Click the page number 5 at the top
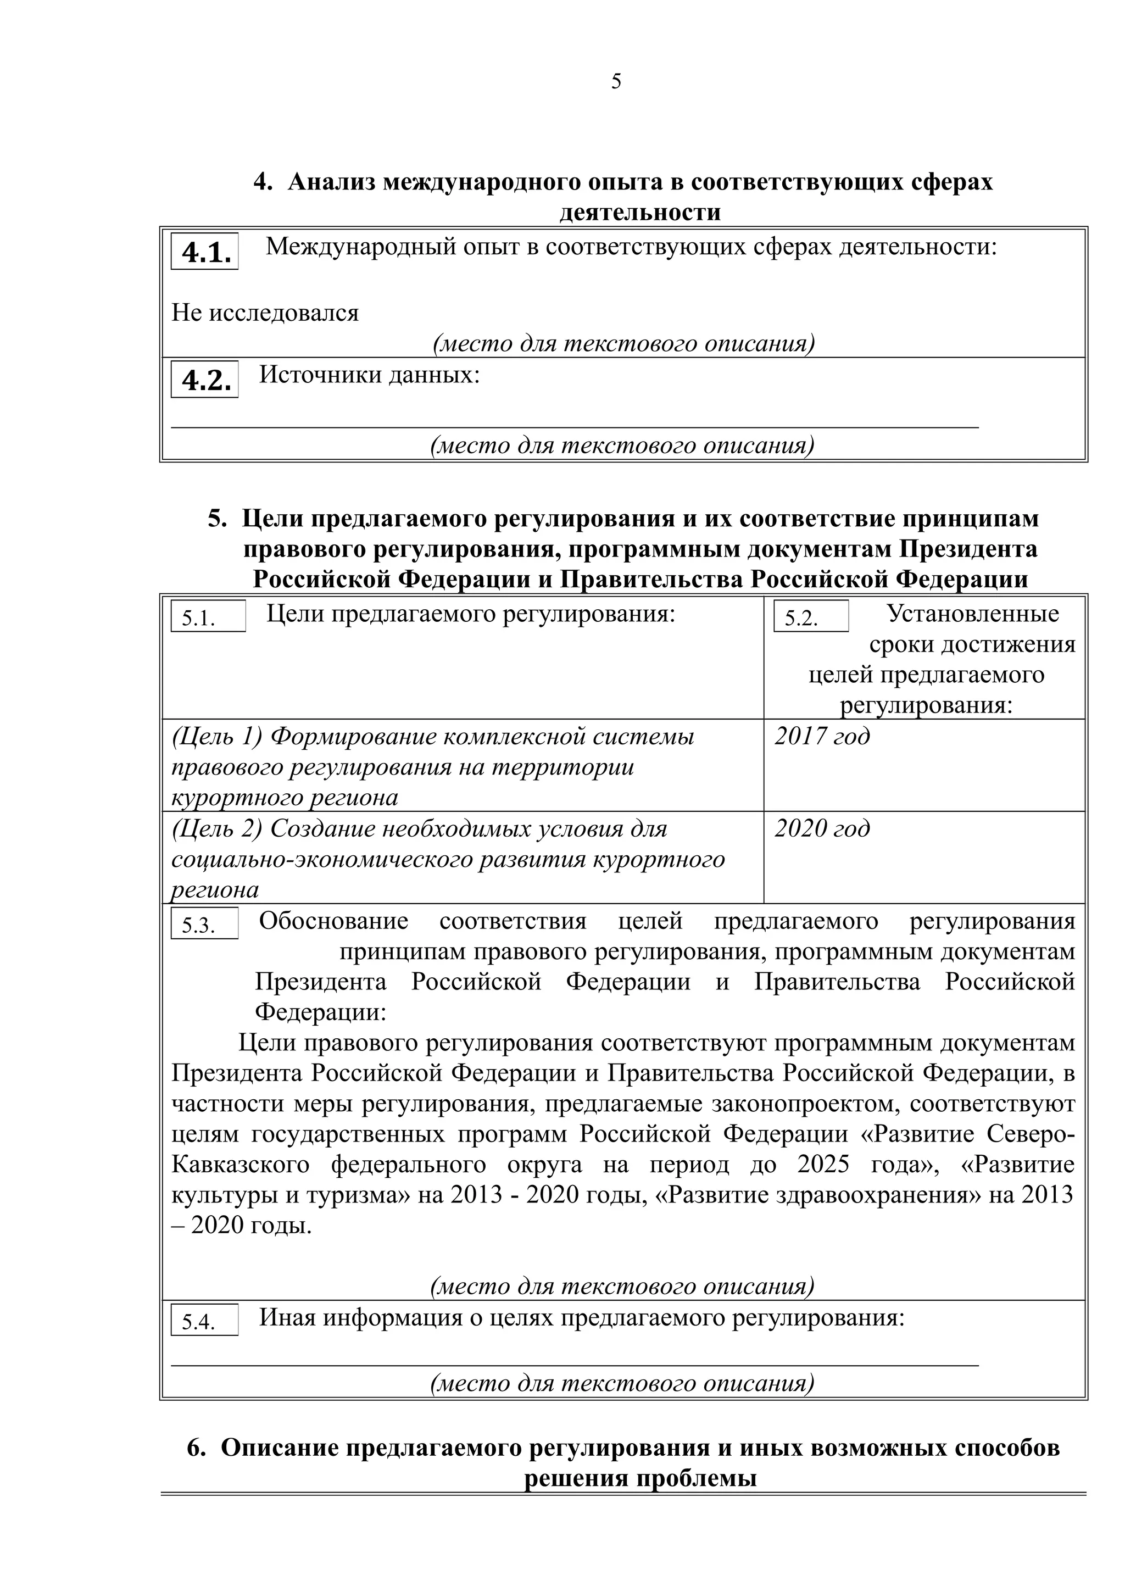(x=616, y=82)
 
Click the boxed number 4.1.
(x=205, y=252)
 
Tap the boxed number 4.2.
(x=205, y=380)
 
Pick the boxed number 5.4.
(x=204, y=1322)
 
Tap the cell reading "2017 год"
(x=822, y=736)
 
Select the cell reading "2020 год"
(x=822, y=828)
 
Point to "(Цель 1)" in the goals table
(x=217, y=736)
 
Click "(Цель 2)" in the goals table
(x=217, y=828)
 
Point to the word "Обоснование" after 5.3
(x=333, y=921)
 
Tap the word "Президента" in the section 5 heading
(x=968, y=549)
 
